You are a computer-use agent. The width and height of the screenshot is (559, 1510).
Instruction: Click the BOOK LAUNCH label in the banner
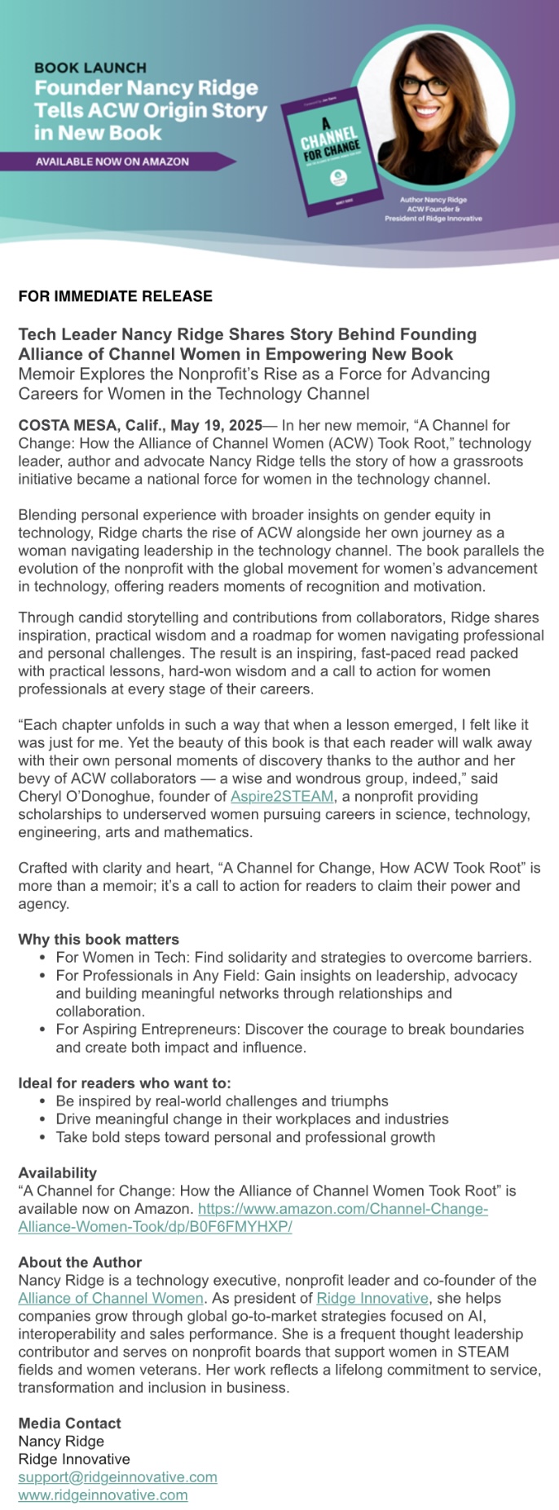point(90,68)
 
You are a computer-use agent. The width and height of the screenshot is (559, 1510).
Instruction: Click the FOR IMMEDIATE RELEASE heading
point(115,296)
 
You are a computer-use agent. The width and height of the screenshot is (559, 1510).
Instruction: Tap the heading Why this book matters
point(99,939)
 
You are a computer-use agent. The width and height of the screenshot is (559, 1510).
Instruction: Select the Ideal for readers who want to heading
point(125,1083)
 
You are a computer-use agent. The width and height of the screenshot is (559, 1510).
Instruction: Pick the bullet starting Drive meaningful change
point(252,1119)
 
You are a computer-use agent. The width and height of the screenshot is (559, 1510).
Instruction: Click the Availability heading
point(58,1172)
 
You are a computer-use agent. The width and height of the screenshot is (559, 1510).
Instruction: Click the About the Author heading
point(80,1262)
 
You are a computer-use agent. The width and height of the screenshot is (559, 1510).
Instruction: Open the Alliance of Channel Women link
point(111,1298)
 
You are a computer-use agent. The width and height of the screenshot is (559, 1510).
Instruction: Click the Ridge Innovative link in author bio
point(372,1298)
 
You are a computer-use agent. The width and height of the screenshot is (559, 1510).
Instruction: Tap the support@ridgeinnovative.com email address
point(118,1477)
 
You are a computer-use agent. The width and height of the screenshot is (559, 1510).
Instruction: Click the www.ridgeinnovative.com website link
point(103,1495)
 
